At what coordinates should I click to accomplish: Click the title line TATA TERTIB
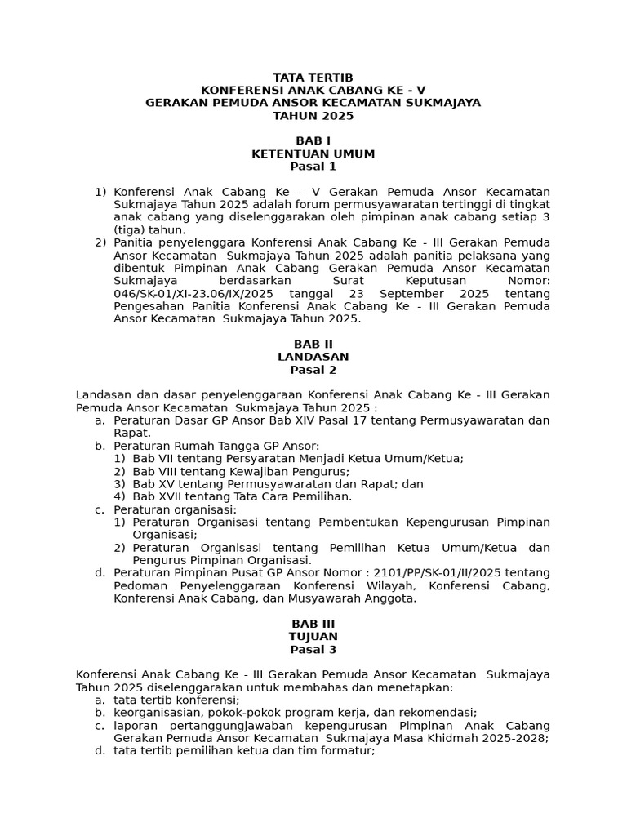tap(313, 77)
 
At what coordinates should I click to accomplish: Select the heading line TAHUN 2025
tap(313, 116)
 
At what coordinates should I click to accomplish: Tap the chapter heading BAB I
tap(313, 141)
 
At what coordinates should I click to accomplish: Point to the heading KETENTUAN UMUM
tap(313, 153)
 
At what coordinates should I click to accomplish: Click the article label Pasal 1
tap(313, 167)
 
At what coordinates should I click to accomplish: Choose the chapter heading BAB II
tap(313, 345)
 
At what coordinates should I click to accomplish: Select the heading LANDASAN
tap(313, 357)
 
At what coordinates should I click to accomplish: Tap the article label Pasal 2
tap(313, 370)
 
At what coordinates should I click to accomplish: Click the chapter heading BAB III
tap(313, 624)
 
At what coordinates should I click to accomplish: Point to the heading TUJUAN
tap(313, 636)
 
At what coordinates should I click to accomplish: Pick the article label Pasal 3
tap(313, 649)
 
